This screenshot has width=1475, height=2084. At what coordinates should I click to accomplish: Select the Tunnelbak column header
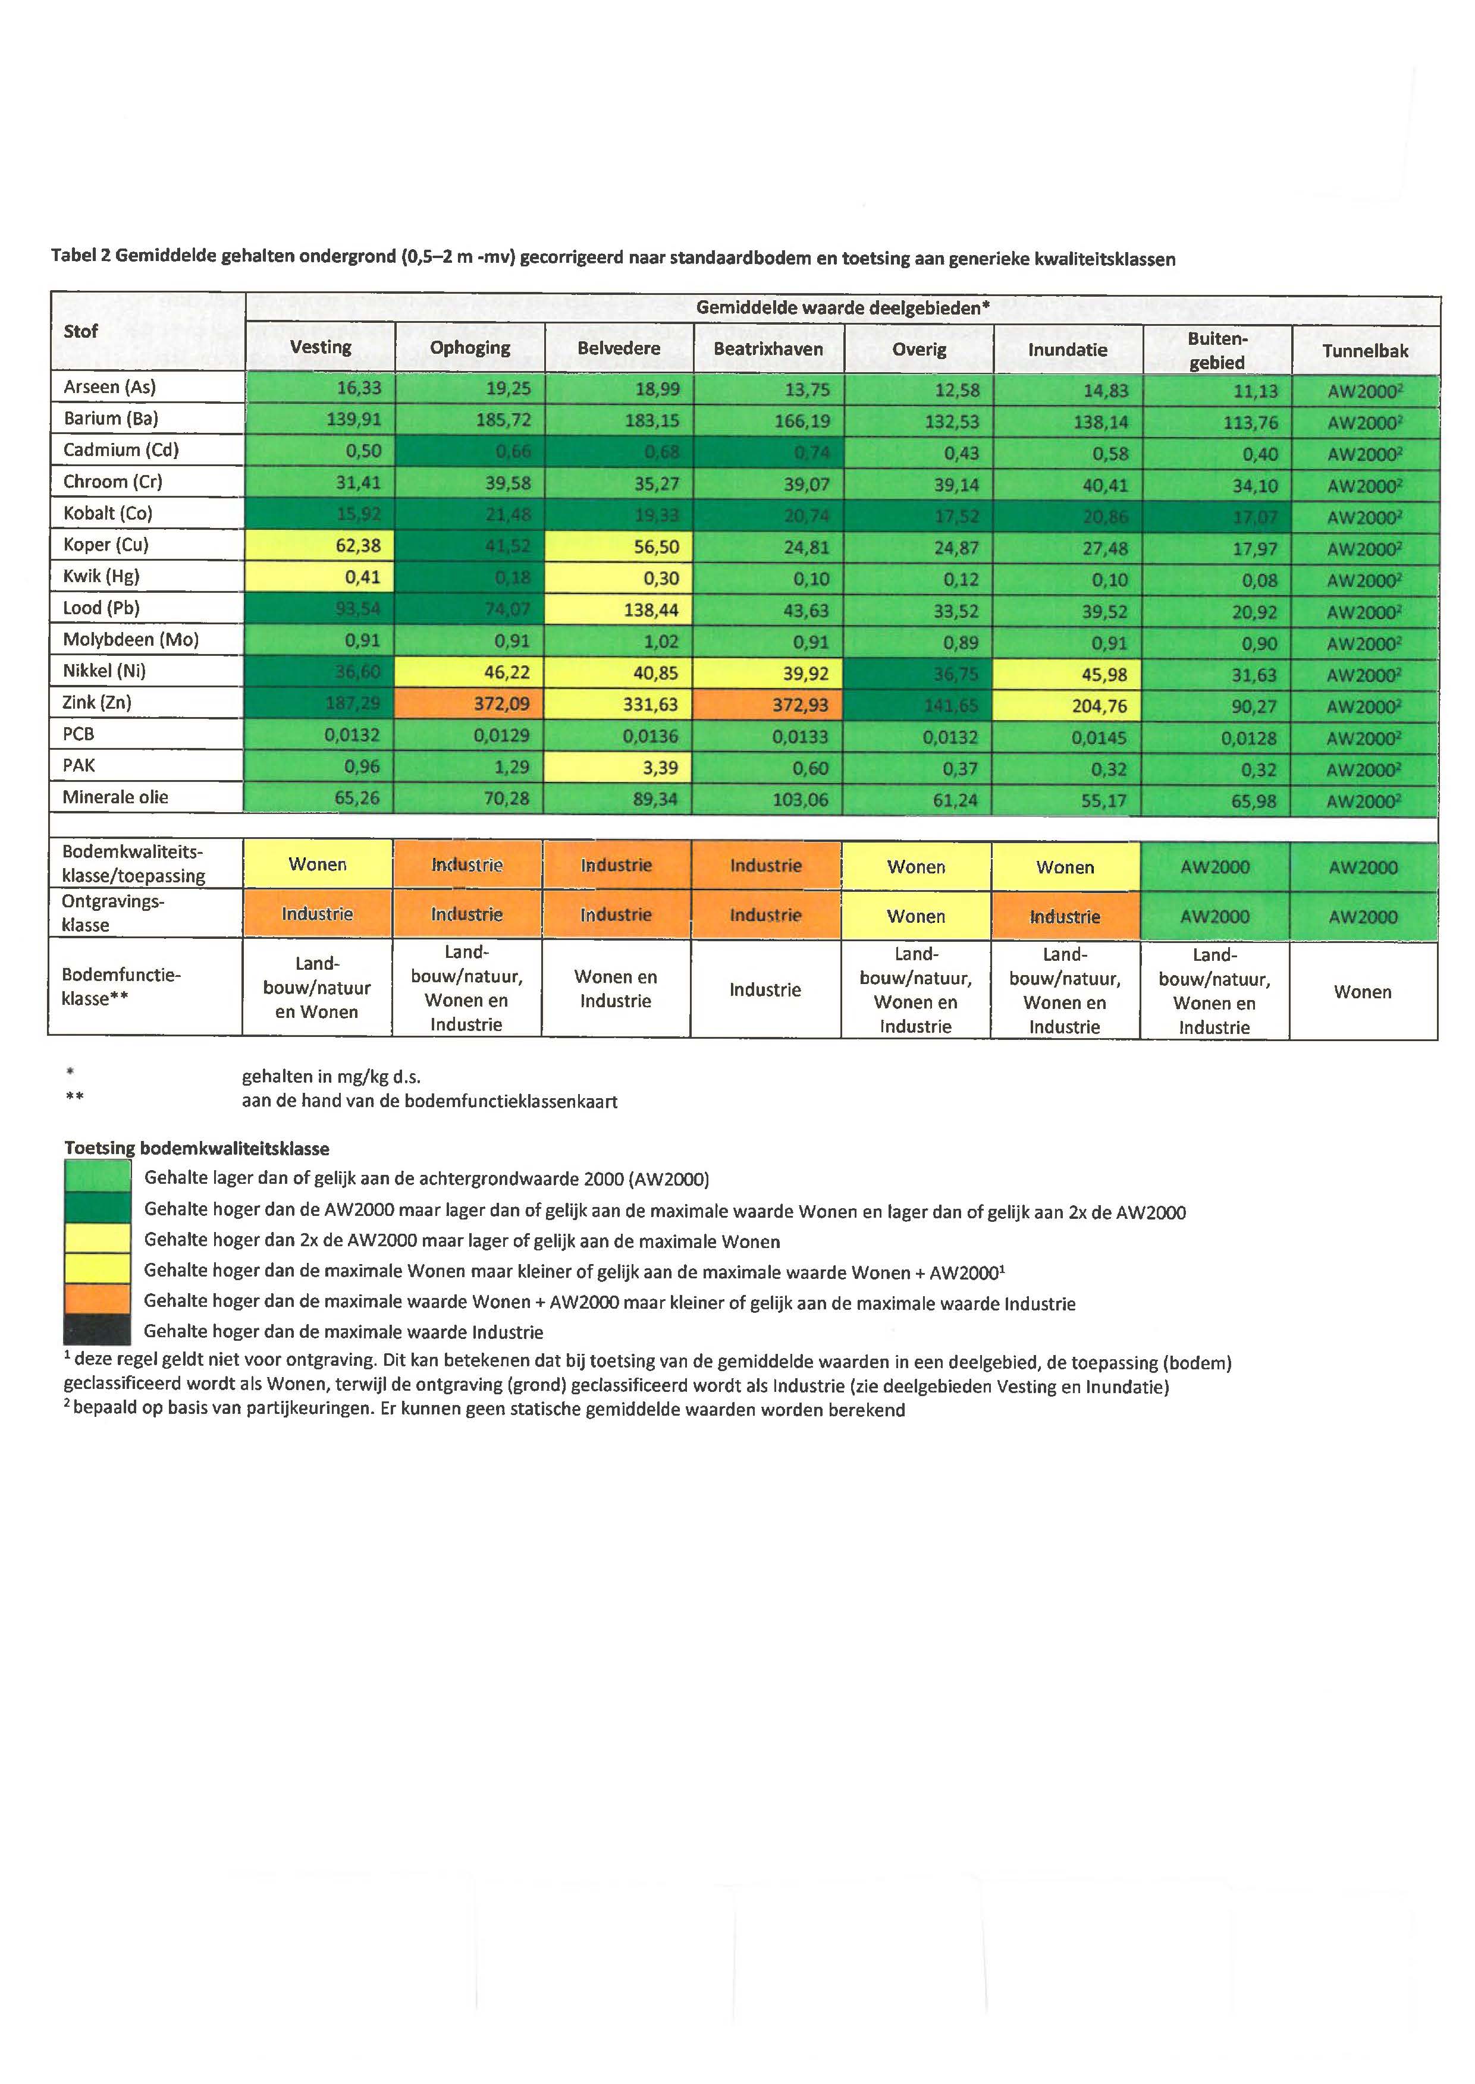(1364, 351)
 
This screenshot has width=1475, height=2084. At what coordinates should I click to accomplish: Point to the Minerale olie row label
(115, 797)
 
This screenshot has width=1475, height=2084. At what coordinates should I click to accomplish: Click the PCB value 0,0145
(1099, 737)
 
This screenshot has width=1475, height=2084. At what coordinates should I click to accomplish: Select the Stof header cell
(81, 331)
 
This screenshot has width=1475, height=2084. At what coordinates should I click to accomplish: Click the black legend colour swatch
(97, 1331)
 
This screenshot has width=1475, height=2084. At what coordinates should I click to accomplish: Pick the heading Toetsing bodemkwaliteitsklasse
(196, 1148)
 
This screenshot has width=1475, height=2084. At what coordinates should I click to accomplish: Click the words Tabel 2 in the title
(81, 256)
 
